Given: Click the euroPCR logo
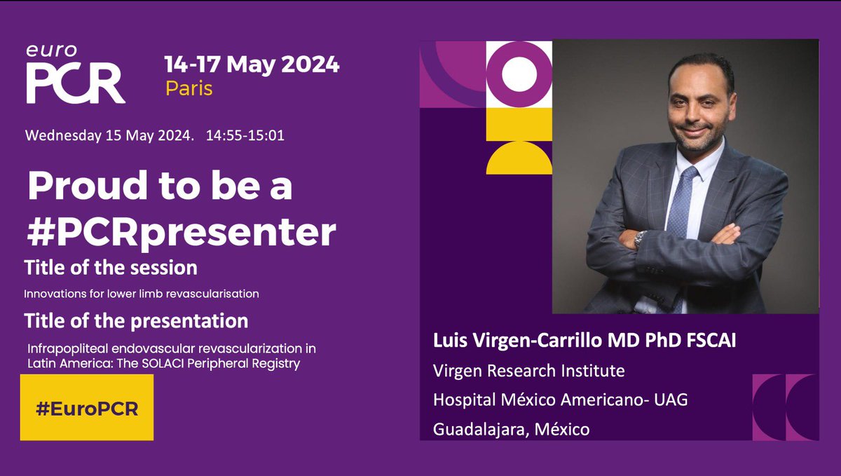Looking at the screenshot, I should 76,75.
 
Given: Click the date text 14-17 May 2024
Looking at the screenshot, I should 252,64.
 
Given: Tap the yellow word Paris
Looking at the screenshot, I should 189,89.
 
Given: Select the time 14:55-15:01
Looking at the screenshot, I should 245,135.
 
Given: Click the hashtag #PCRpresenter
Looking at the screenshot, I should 181,233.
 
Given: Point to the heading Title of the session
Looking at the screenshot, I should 111,268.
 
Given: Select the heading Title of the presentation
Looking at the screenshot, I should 136,321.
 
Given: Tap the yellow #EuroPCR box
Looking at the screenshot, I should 87,407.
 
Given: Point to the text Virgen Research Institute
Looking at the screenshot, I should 528,369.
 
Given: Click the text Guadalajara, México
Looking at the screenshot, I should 512,428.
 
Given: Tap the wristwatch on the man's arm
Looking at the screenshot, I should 639,239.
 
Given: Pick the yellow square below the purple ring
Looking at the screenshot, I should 519,124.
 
